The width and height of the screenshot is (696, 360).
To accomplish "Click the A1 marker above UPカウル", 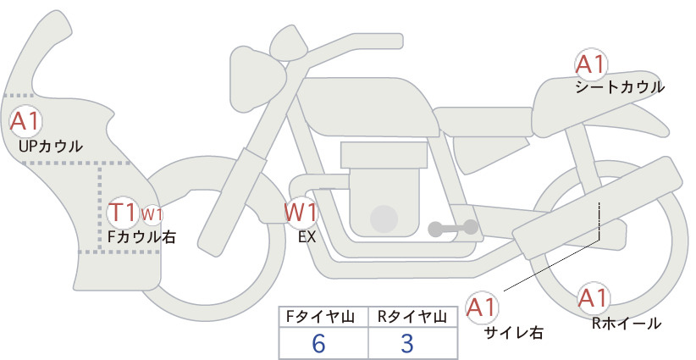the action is point(25,121).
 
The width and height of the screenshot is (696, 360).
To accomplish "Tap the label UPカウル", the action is point(51,146).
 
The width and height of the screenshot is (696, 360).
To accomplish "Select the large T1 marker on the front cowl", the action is point(123,212).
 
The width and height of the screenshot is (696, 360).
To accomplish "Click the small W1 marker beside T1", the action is point(152,214).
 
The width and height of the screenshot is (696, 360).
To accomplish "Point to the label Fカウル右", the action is point(142,237).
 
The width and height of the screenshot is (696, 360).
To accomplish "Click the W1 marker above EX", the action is point(301,212).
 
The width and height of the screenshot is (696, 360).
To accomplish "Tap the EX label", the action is point(307,237).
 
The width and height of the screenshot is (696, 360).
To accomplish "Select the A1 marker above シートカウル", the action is point(591,64).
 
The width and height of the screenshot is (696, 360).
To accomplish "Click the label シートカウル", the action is point(620,87).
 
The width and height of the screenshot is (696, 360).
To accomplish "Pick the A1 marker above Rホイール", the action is point(593,298).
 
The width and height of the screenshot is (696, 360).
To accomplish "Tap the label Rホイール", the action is point(627,324).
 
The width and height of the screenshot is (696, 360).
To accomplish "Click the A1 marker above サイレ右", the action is point(482,307).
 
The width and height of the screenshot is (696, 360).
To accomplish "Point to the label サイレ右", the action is point(514,333).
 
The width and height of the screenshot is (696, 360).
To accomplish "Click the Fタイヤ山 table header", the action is point(320,317).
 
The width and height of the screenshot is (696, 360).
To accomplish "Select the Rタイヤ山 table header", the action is point(412,317).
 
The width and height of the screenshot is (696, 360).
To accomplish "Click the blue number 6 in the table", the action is point(318,344).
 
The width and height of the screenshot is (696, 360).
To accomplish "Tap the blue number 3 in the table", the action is point(407,344).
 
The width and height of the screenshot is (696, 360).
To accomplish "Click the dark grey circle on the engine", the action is point(384,219).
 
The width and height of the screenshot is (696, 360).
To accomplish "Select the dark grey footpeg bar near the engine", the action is point(453,228).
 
